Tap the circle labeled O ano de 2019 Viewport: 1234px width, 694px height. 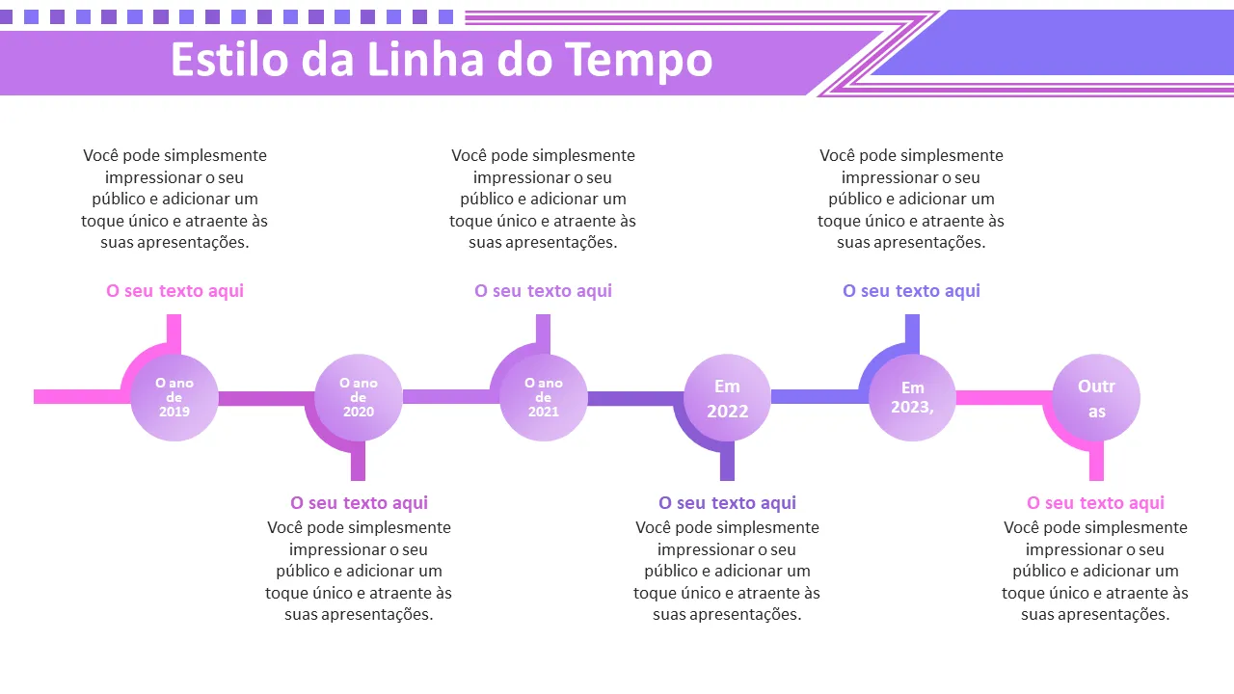tap(174, 397)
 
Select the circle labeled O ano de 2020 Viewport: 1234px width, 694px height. tap(359, 397)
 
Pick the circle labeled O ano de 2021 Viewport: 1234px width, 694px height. tap(543, 397)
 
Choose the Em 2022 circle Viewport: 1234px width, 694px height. tap(727, 397)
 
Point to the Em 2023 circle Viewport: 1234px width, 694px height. tap(912, 397)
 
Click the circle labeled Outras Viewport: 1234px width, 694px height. tap(1096, 397)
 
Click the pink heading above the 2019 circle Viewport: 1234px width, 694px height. tap(174, 291)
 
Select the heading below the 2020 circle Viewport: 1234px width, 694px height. tap(359, 503)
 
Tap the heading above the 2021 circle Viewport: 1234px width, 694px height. tap(543, 291)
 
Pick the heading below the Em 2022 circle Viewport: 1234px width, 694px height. tap(727, 503)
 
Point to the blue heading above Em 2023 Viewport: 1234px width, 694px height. tap(911, 291)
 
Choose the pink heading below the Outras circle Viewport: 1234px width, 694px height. tap(1095, 503)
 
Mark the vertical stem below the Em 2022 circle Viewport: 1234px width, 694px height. tap(727, 463)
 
